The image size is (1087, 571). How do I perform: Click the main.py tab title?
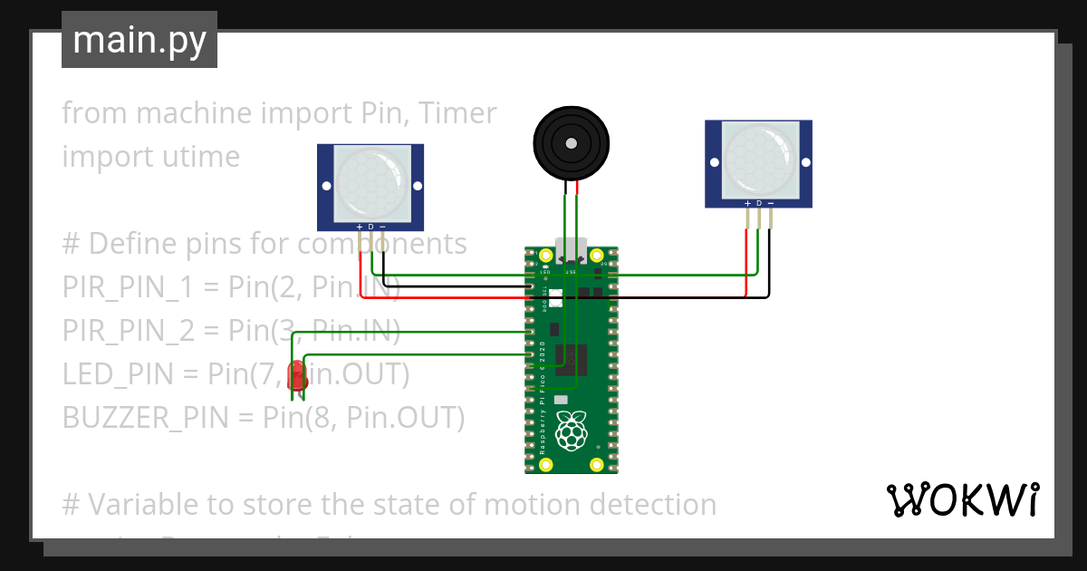[139, 40]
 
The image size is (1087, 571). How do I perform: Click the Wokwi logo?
[962, 499]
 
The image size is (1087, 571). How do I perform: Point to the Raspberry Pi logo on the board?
[571, 431]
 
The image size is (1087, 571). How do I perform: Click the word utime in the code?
[202, 157]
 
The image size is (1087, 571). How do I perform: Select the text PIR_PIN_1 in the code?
[128, 287]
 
